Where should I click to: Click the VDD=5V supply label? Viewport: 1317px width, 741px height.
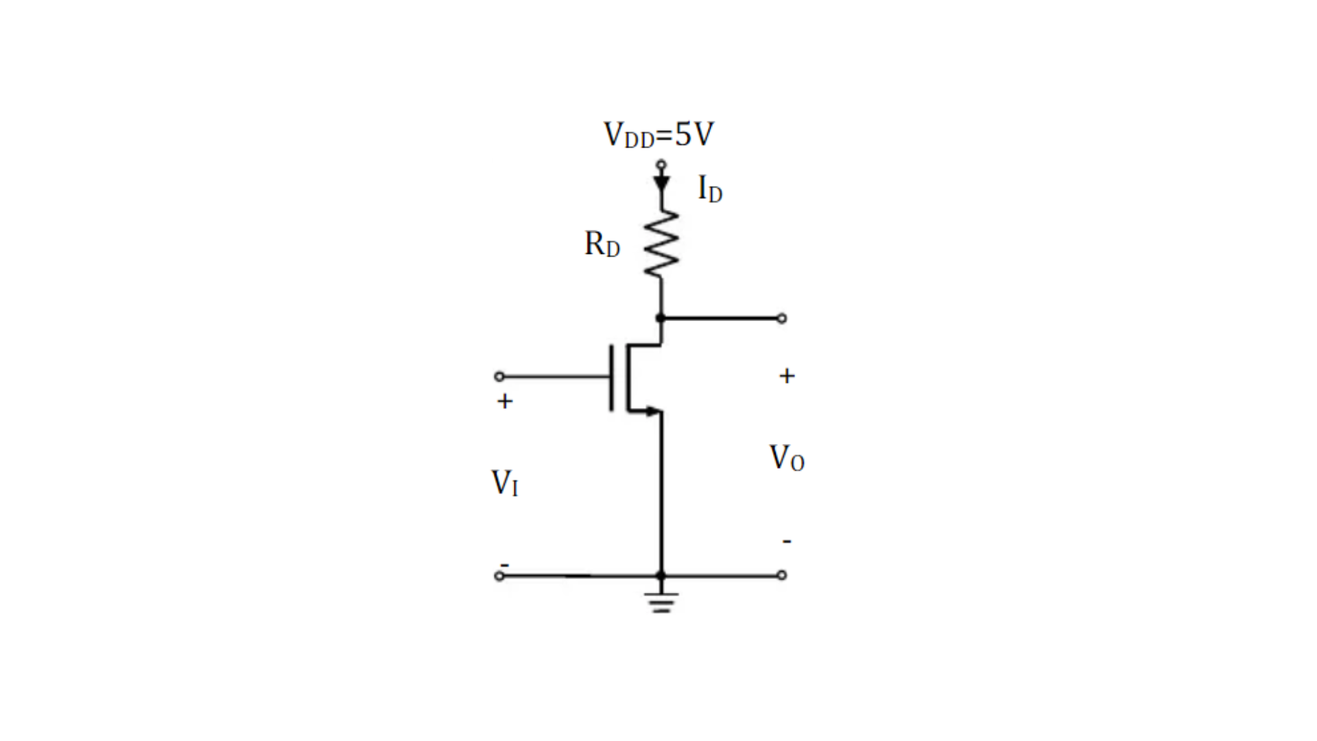click(658, 134)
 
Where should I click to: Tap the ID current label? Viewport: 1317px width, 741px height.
click(710, 189)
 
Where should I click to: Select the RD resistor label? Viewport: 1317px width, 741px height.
click(602, 244)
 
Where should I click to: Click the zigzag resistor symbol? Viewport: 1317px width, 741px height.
click(661, 244)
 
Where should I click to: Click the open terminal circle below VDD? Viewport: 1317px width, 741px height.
click(661, 165)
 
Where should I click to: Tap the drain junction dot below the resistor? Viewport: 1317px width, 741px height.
click(661, 318)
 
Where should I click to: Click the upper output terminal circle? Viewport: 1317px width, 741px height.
click(782, 318)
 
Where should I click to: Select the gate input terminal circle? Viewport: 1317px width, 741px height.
click(499, 377)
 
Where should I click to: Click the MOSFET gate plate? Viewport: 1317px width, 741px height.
click(612, 378)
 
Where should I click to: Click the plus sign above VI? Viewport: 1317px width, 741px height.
click(505, 401)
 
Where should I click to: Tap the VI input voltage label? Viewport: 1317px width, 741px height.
click(505, 482)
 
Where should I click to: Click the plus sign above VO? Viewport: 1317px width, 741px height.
click(787, 376)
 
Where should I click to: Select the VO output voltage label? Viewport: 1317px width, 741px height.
click(787, 458)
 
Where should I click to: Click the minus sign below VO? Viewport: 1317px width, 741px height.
click(787, 541)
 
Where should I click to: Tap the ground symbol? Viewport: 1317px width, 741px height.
click(661, 602)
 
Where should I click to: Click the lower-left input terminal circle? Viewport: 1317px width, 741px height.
click(499, 576)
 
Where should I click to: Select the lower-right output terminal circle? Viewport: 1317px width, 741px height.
click(782, 576)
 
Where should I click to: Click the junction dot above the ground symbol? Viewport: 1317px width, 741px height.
click(661, 576)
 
